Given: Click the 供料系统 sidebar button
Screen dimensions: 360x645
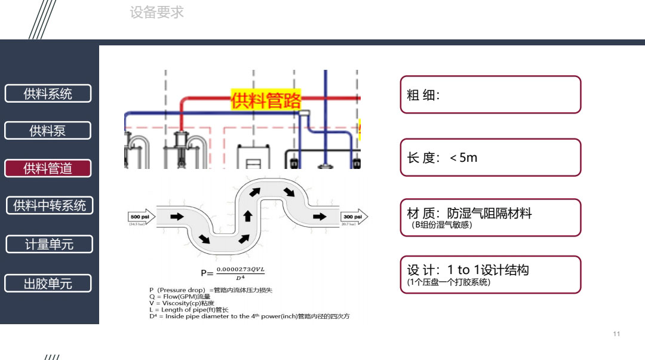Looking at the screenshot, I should (x=48, y=94).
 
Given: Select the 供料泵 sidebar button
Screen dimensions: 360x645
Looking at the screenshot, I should (x=48, y=131).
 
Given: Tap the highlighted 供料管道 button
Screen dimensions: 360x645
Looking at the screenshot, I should (x=48, y=168).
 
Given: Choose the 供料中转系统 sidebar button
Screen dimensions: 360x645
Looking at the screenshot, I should (x=50, y=205).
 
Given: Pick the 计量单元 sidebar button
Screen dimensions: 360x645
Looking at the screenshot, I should (x=49, y=244).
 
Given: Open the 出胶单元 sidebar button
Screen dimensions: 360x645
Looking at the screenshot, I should (x=48, y=284).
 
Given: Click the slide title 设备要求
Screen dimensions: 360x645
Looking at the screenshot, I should (x=156, y=12).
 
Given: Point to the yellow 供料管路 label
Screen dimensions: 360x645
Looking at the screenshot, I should (x=266, y=101).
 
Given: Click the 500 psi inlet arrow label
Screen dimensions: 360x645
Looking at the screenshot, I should (x=141, y=217).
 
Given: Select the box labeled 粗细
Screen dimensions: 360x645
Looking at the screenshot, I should (x=490, y=94).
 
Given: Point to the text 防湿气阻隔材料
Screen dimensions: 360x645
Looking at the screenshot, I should (x=489, y=213).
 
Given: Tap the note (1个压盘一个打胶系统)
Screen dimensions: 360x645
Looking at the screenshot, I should (x=449, y=282).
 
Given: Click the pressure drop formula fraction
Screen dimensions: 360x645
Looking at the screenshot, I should (x=240, y=273).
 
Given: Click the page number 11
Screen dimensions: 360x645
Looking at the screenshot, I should (x=616, y=334).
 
